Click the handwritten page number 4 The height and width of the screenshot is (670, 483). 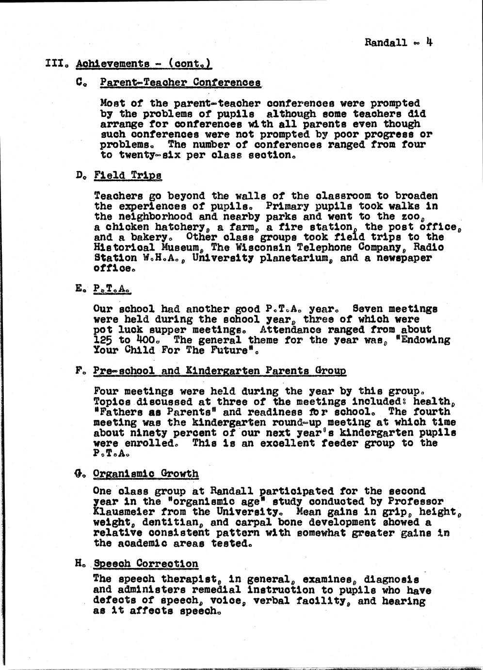[x=429, y=41]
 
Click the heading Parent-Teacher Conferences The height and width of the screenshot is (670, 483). [x=180, y=83]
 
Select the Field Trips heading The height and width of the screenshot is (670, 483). [x=128, y=175]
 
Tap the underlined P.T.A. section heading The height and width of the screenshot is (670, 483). [x=113, y=289]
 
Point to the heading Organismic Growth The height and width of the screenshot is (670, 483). [x=145, y=473]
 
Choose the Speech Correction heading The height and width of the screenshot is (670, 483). [x=145, y=564]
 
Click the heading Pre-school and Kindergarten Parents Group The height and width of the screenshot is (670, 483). [x=220, y=371]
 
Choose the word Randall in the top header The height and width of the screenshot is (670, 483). [x=386, y=43]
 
